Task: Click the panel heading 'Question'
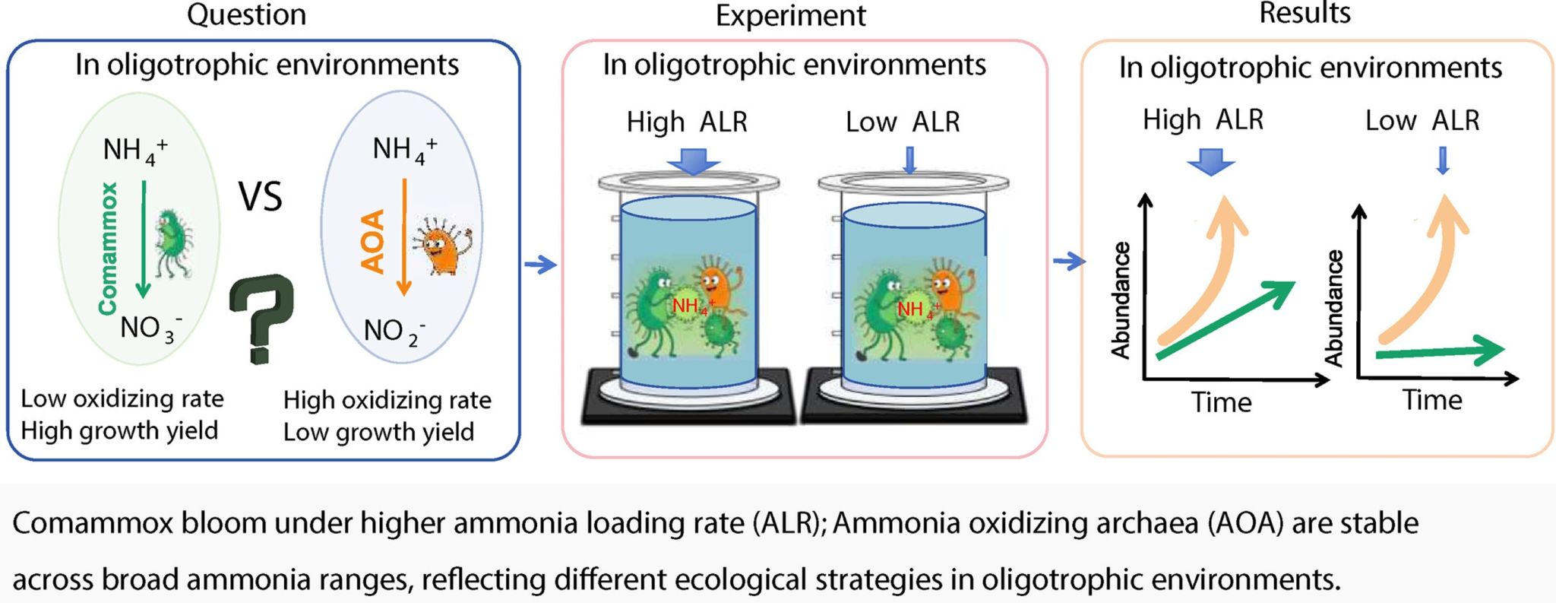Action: point(246,14)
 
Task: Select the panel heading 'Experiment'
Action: point(790,16)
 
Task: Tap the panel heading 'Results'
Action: point(1305,13)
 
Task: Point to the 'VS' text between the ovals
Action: point(261,196)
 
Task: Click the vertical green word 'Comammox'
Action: point(109,248)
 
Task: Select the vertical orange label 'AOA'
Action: point(372,242)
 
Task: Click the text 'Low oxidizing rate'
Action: point(122,398)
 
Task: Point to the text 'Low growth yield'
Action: point(378,432)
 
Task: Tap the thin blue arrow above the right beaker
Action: point(910,160)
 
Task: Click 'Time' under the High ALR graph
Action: point(1221,401)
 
